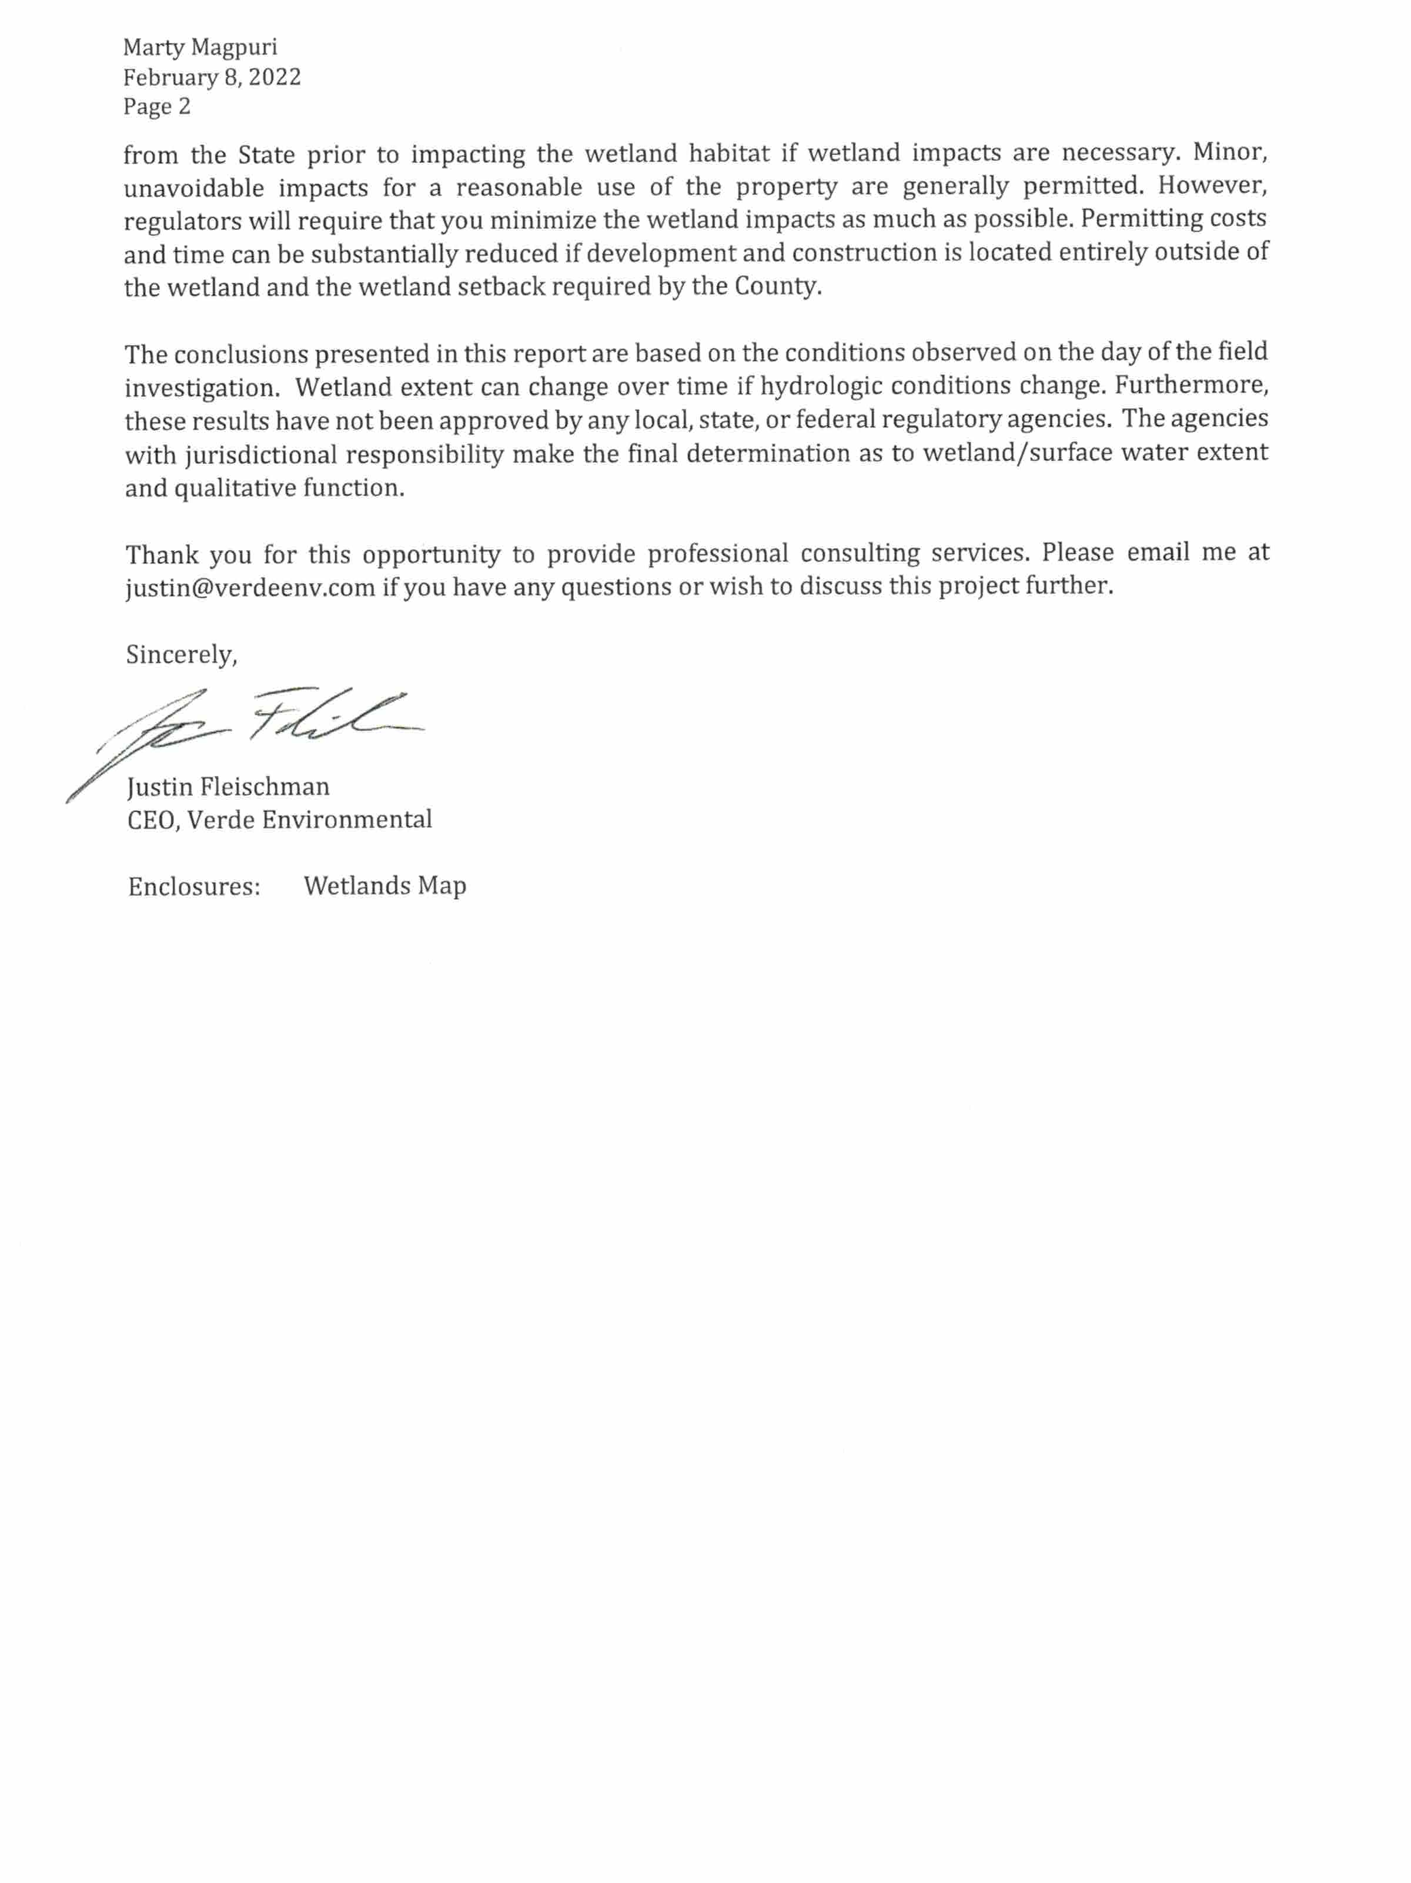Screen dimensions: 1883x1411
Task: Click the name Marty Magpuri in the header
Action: [x=200, y=47]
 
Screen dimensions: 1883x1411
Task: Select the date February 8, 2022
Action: [x=212, y=78]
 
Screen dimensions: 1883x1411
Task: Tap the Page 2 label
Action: [x=157, y=106]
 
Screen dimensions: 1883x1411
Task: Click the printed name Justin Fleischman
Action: [x=228, y=787]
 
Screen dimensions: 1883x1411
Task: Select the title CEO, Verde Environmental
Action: [x=279, y=820]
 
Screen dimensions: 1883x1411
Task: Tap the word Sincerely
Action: [x=180, y=655]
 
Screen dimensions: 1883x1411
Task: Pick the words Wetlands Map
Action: [x=385, y=886]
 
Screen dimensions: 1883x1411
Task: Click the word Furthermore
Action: [x=1191, y=386]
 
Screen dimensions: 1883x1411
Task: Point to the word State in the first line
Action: [x=266, y=155]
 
